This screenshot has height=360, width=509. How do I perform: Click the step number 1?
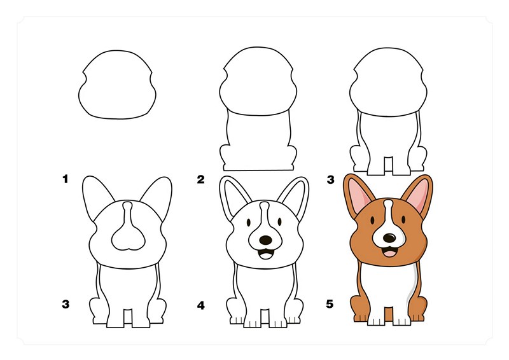tap(66, 179)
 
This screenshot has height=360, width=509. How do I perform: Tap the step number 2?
tap(201, 179)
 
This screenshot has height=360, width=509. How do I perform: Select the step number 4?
tap(201, 305)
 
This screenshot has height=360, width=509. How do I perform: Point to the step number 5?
tap(330, 304)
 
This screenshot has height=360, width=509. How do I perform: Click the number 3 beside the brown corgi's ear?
tap(330, 179)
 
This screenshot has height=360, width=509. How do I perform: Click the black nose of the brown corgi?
tap(389, 238)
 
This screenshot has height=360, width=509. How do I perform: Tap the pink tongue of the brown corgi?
tap(389, 253)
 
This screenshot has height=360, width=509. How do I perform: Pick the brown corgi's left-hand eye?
tap(372, 221)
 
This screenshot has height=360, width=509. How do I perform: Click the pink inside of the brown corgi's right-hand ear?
tap(418, 195)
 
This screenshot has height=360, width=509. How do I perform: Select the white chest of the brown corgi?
tap(389, 284)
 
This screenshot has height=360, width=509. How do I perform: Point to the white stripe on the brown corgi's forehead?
tap(388, 211)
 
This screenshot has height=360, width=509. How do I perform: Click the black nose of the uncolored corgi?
tap(265, 240)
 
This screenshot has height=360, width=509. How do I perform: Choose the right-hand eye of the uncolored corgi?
tap(279, 222)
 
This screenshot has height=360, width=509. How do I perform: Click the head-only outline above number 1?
tap(117, 85)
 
